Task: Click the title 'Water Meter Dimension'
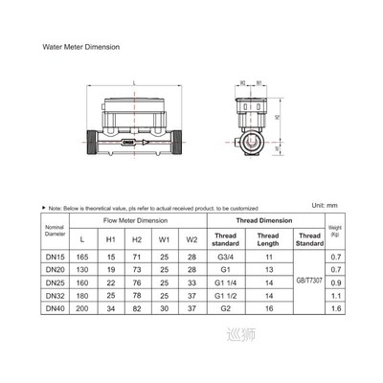tap(82, 46)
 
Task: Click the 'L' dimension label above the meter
tap(132, 81)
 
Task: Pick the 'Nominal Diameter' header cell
tap(56, 231)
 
